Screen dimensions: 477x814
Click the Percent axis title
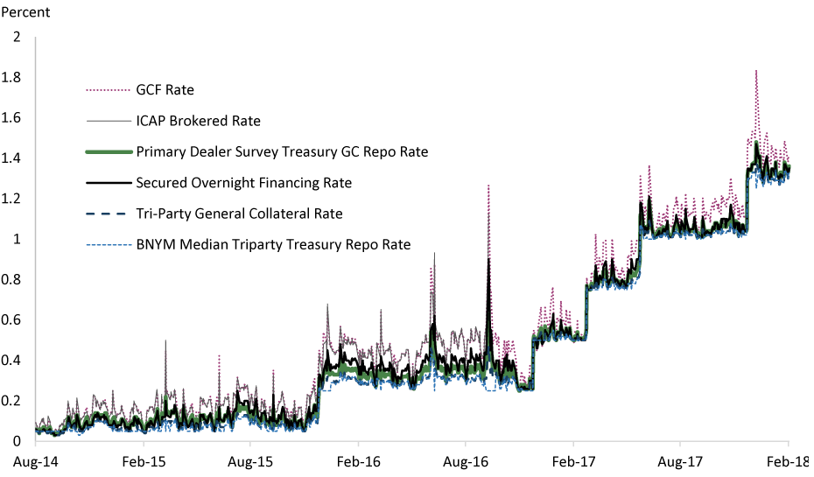click(x=26, y=13)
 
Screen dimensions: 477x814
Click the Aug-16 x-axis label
click(x=466, y=461)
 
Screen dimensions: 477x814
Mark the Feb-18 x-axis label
click(x=789, y=461)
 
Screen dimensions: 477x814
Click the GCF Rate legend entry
click(x=165, y=89)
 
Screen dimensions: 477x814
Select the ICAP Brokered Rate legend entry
click(x=198, y=121)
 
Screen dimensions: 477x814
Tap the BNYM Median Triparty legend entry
click(x=273, y=245)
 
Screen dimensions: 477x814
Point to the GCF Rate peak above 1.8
click(x=755, y=71)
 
